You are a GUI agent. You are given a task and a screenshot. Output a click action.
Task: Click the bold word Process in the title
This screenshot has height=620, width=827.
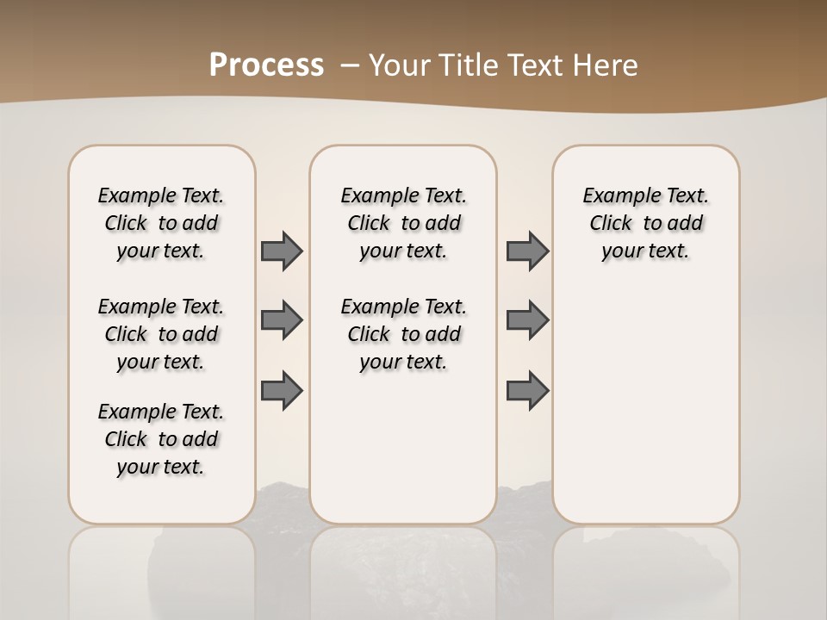[266, 65]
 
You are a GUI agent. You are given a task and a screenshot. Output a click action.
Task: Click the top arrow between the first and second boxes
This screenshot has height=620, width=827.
[282, 251]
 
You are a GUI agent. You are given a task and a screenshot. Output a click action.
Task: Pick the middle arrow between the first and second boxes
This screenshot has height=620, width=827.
[282, 320]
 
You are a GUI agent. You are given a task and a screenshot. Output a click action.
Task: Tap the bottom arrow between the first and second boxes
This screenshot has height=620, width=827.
[282, 391]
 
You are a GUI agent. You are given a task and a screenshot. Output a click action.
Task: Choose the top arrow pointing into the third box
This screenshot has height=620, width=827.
[527, 251]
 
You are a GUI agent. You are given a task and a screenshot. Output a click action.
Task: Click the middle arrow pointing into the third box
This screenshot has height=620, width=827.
[527, 320]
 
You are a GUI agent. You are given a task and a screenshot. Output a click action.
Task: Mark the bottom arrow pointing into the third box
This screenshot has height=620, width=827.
[527, 391]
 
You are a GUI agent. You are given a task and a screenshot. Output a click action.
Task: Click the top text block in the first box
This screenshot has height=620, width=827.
[161, 223]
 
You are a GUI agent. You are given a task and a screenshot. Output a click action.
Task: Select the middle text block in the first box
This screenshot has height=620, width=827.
[161, 334]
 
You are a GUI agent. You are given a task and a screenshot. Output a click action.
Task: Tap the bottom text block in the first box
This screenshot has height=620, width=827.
[161, 439]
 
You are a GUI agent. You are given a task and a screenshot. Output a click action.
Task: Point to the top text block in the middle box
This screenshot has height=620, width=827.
[404, 223]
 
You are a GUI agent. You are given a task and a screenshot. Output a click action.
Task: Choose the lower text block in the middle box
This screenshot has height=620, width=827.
[404, 334]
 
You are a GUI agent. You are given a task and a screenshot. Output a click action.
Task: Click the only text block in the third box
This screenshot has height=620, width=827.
[646, 223]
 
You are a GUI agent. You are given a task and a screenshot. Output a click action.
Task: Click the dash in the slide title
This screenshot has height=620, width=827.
[350, 65]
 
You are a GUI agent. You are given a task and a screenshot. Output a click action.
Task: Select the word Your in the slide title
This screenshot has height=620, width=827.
[401, 65]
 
